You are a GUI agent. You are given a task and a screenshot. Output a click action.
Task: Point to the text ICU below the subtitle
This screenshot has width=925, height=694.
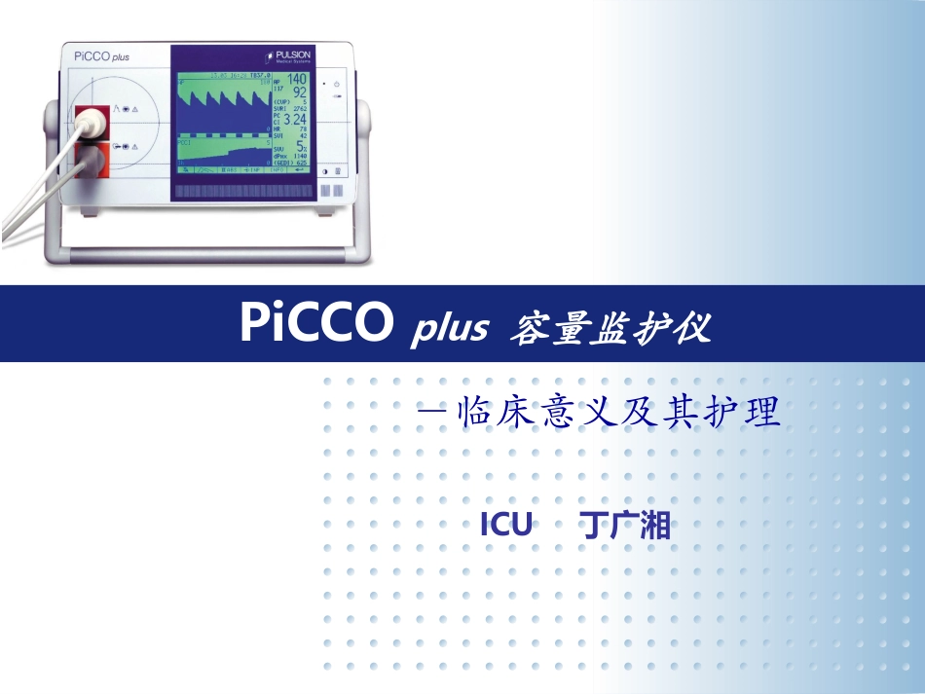(x=506, y=527)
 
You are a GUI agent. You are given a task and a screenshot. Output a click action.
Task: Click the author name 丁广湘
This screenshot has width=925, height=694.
(x=625, y=527)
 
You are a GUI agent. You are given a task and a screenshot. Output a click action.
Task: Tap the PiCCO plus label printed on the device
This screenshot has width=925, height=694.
(x=101, y=56)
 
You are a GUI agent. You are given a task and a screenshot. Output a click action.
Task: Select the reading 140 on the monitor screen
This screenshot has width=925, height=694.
(x=296, y=79)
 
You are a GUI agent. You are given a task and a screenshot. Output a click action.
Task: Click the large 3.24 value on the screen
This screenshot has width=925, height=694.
(x=292, y=120)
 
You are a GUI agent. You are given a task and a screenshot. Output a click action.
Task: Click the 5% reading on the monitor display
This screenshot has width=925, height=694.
(x=301, y=147)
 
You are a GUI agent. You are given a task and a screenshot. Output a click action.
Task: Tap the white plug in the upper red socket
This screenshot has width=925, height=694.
(x=91, y=123)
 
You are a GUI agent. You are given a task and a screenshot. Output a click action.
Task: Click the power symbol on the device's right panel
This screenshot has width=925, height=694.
(x=336, y=84)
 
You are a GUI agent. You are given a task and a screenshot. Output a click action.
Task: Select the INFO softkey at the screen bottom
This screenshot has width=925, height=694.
(x=277, y=170)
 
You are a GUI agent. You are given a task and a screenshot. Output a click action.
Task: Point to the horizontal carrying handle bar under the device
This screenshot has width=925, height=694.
(x=204, y=254)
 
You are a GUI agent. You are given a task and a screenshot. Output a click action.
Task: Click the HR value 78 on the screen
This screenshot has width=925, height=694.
(x=303, y=128)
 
